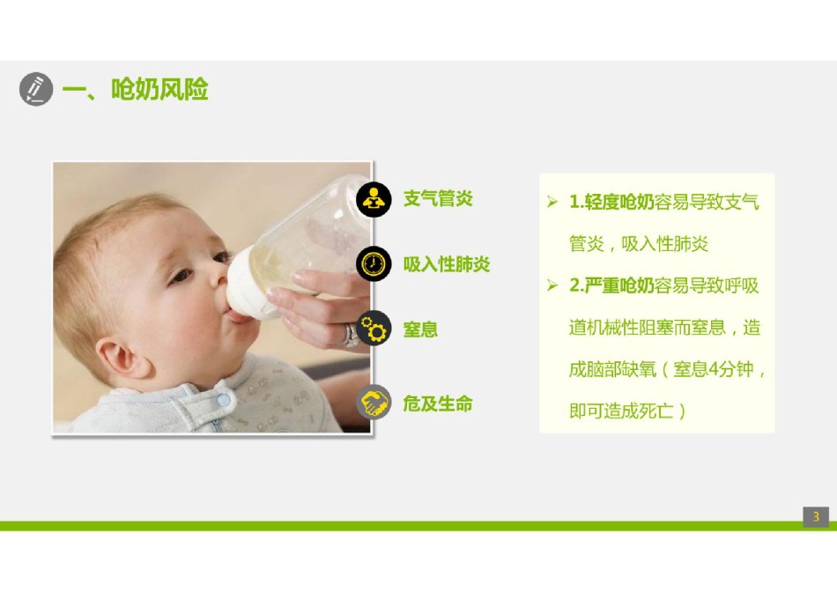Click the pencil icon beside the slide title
[36, 89]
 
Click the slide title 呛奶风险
[159, 89]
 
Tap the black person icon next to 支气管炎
[374, 200]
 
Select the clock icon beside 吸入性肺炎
[374, 263]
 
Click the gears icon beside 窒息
[374, 328]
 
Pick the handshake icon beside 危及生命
[374, 402]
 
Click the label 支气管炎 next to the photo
[438, 198]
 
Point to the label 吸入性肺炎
[447, 264]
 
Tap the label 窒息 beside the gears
[420, 329]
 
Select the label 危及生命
[438, 403]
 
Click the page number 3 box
[816, 517]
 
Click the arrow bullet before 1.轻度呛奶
[552, 202]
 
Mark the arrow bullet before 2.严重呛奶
[552, 285]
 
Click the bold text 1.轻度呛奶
[611, 202]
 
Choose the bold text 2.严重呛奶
[611, 285]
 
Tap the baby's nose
[219, 272]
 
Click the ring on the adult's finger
[350, 336]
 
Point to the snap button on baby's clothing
[224, 399]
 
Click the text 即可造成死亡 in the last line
[621, 411]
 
